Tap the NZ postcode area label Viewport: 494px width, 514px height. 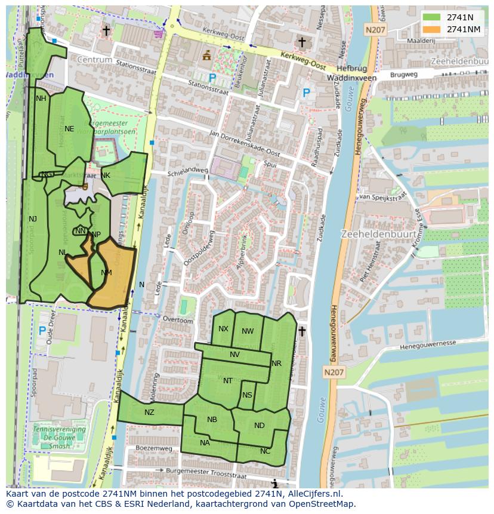[149, 412]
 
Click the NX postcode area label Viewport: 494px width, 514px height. [223, 329]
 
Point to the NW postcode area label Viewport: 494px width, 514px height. [248, 331]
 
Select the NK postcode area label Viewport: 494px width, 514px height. [106, 175]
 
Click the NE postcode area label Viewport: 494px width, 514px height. [69, 128]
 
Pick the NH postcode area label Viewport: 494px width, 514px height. [41, 99]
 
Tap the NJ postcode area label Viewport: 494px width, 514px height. [33, 219]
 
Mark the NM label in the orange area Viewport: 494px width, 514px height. [106, 273]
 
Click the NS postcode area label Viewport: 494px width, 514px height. [247, 395]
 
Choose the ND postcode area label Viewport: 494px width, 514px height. [259, 426]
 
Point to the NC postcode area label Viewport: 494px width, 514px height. [265, 451]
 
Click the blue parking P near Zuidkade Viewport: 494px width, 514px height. [306, 93]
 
